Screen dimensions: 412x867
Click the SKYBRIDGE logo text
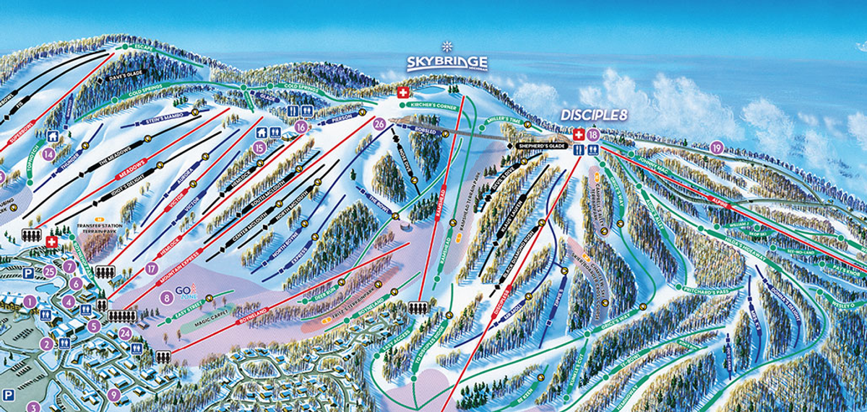[x=446, y=63]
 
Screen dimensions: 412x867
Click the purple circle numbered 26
[x=379, y=124]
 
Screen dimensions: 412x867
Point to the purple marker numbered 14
[x=49, y=153]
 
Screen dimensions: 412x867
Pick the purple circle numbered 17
[x=151, y=268]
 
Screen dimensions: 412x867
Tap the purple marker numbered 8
[x=167, y=296]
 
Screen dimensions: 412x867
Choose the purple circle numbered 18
[x=593, y=135]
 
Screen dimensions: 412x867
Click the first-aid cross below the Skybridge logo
[x=403, y=92]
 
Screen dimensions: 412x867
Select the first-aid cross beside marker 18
[x=578, y=135]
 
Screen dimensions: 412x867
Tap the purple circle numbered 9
[x=113, y=394]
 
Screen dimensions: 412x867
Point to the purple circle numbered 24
[x=125, y=333]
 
